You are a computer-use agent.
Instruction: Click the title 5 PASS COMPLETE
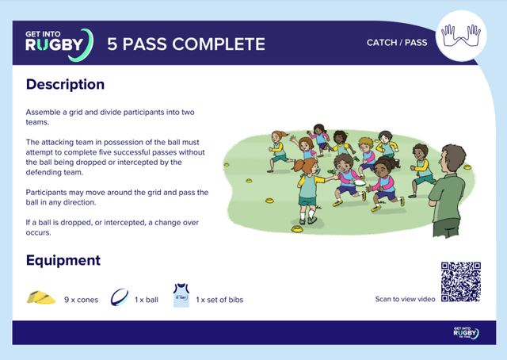[186, 44]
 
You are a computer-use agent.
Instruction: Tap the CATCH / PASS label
[396, 43]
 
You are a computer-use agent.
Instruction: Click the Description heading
[65, 84]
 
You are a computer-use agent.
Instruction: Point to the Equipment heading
[63, 260]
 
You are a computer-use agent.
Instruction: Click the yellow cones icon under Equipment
[41, 297]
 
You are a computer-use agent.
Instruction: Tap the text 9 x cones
[82, 300]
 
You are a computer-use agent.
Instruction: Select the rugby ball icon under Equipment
[120, 297]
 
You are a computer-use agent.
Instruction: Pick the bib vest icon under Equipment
[181, 296]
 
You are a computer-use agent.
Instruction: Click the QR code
[460, 282]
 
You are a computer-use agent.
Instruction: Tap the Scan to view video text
[405, 300]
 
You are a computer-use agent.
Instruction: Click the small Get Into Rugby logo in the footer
[465, 332]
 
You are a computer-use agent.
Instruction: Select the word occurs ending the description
[39, 233]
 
